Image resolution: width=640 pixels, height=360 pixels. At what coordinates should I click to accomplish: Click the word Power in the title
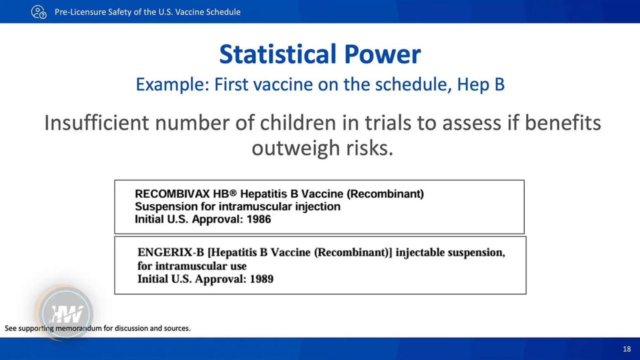point(382,55)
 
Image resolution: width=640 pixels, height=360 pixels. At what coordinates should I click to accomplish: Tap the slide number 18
point(627,349)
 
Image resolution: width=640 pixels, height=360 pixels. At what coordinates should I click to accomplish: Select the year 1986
point(258,219)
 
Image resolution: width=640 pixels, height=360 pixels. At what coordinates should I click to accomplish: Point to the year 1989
point(261,279)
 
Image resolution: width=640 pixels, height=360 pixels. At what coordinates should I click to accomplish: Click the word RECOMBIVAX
point(172,193)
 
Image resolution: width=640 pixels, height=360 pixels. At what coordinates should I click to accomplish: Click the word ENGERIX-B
point(171,252)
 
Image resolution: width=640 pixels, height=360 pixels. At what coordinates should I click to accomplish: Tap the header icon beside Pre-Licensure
point(39,12)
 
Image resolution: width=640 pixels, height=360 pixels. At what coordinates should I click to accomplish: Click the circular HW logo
point(66,313)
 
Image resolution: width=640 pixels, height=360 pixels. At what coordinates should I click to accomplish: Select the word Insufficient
point(96,122)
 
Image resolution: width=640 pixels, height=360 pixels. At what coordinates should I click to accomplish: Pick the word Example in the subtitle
point(172,85)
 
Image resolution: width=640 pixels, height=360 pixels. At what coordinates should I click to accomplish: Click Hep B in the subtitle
point(481,85)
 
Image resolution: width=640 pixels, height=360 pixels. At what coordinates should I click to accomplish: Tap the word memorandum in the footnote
point(78,328)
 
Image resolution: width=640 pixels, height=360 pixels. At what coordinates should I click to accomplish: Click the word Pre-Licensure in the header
point(80,12)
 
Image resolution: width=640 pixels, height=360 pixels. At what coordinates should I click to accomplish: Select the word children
point(297,122)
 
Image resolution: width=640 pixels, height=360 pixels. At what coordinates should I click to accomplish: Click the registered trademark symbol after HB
point(233,193)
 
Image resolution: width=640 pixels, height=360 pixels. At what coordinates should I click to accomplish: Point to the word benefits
point(563,122)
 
